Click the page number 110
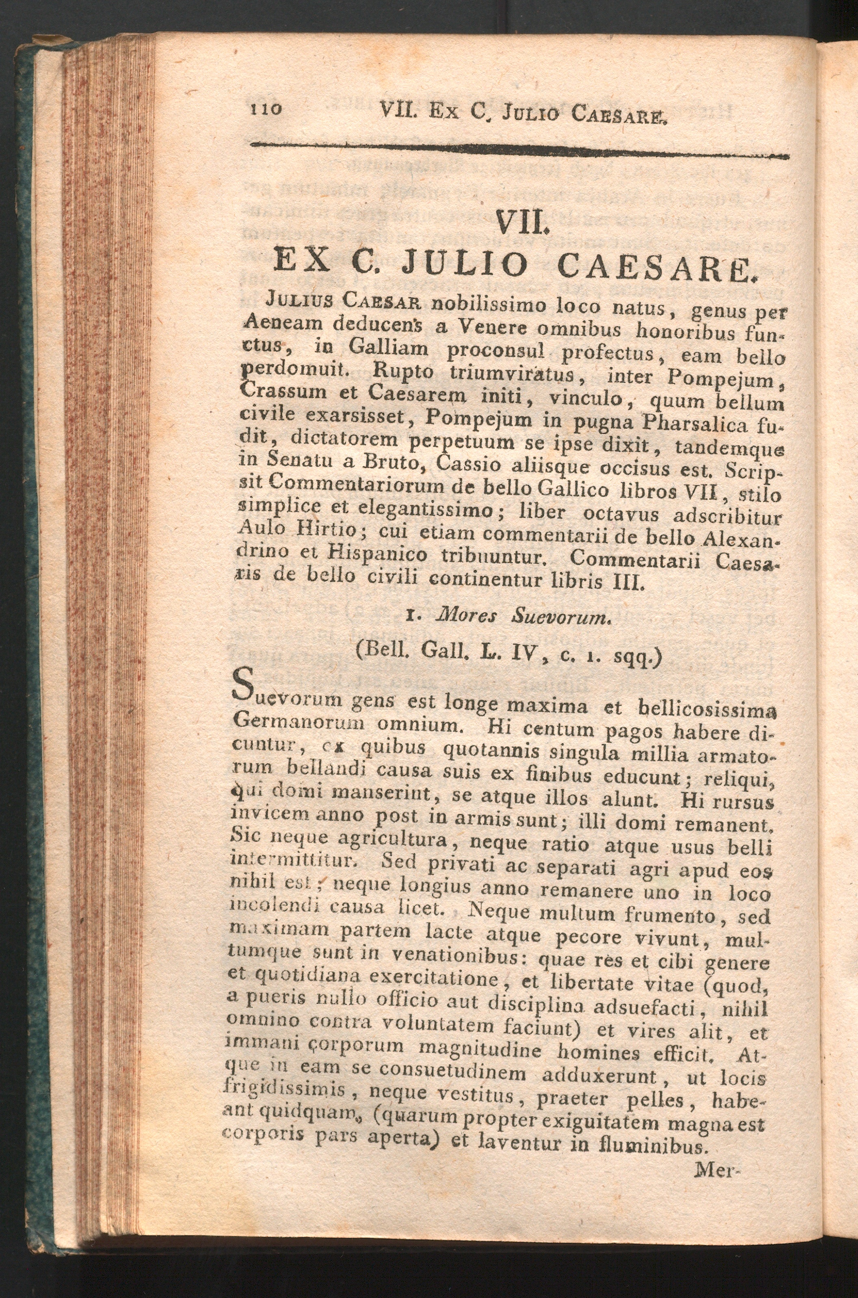266,108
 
